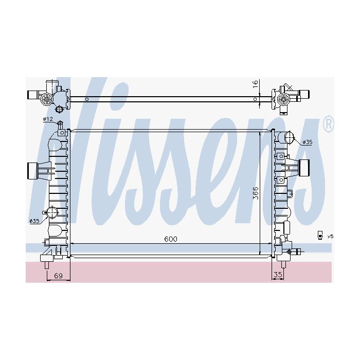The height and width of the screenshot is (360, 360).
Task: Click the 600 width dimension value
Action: (171, 239)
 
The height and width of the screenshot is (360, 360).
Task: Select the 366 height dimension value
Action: (255, 193)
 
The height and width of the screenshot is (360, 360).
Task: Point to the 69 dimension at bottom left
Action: (58, 275)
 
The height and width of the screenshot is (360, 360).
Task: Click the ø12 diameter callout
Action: (48, 119)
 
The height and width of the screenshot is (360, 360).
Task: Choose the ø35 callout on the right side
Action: (307, 142)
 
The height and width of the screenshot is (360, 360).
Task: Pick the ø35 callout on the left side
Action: (34, 221)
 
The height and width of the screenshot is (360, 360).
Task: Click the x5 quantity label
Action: (330, 236)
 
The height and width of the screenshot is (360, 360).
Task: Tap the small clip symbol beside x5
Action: (320, 236)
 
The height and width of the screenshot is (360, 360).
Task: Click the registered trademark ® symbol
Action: (329, 123)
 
